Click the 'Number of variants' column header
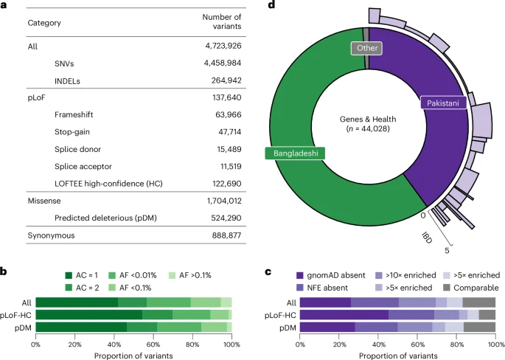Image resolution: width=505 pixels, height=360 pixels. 221,22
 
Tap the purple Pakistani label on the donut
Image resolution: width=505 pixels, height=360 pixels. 442,104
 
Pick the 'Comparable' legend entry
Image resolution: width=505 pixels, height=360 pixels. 477,288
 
